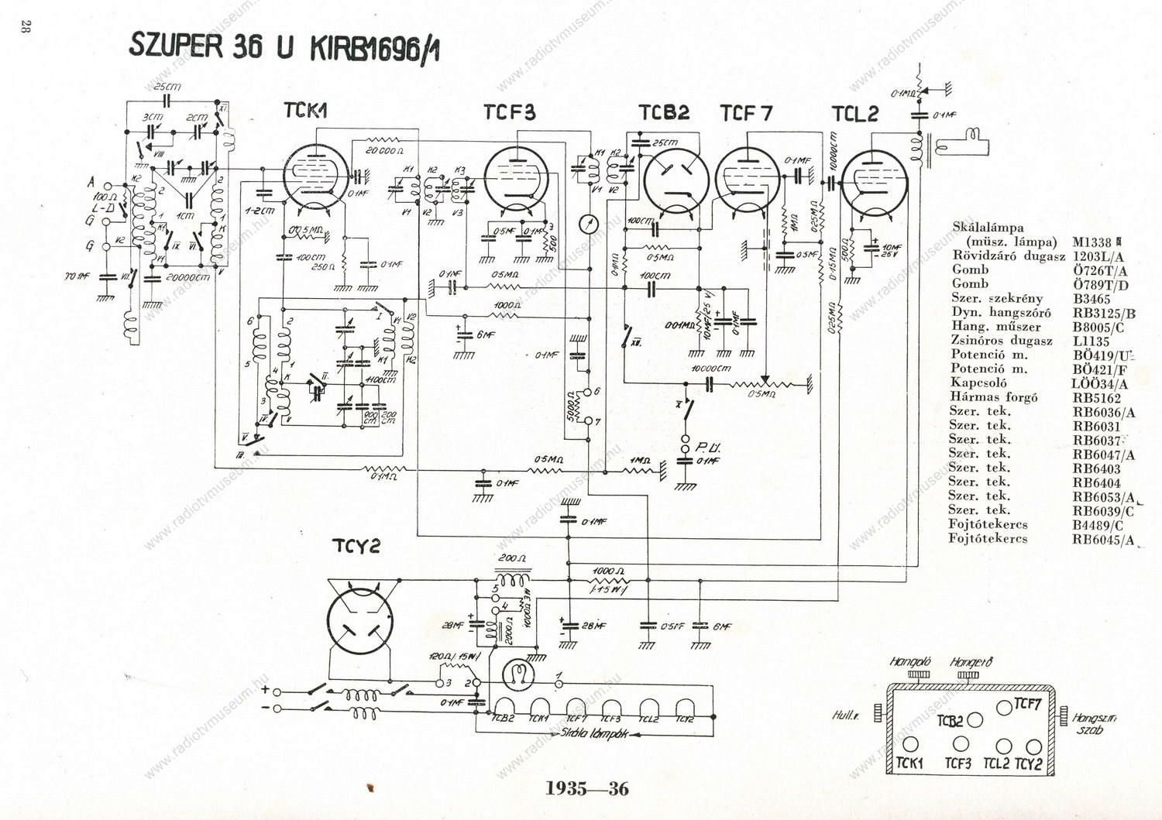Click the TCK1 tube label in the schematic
(x=305, y=111)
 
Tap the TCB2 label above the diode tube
(x=664, y=113)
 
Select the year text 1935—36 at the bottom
(x=587, y=789)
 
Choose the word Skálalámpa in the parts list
(x=988, y=228)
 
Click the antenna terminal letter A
(x=91, y=183)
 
